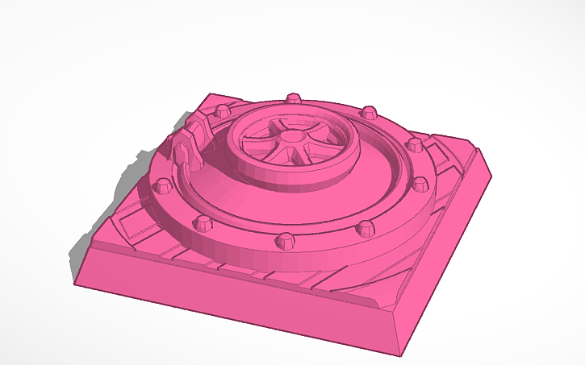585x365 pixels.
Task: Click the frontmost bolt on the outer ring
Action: (x=284, y=239)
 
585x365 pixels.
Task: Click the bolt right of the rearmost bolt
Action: (x=369, y=111)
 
